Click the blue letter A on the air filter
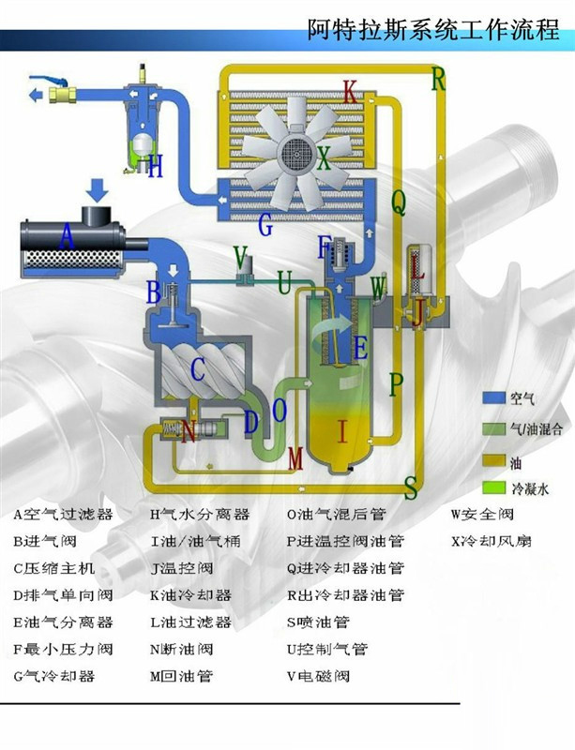(x=66, y=239)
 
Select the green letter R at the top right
(x=437, y=79)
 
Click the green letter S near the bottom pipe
(x=411, y=486)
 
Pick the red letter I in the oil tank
(x=342, y=431)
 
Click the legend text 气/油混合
(x=537, y=428)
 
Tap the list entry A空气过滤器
(x=62, y=514)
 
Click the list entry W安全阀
(x=479, y=514)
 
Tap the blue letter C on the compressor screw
(x=197, y=368)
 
